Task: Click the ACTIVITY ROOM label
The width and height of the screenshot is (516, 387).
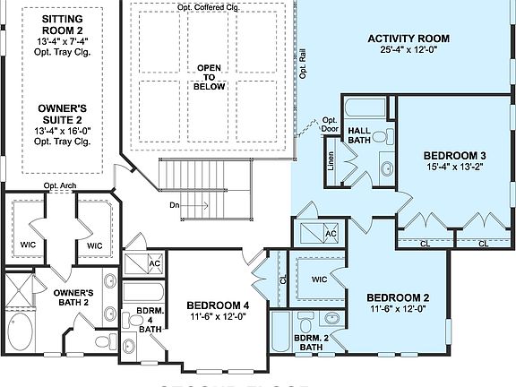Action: (x=408, y=39)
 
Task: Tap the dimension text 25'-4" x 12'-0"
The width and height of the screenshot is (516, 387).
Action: (x=408, y=50)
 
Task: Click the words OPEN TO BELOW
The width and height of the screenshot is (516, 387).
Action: (x=209, y=77)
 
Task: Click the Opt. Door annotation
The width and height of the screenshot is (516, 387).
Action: (x=330, y=125)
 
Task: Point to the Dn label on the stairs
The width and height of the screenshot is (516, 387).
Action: (x=176, y=205)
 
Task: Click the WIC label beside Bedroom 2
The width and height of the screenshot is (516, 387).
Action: (x=319, y=279)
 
